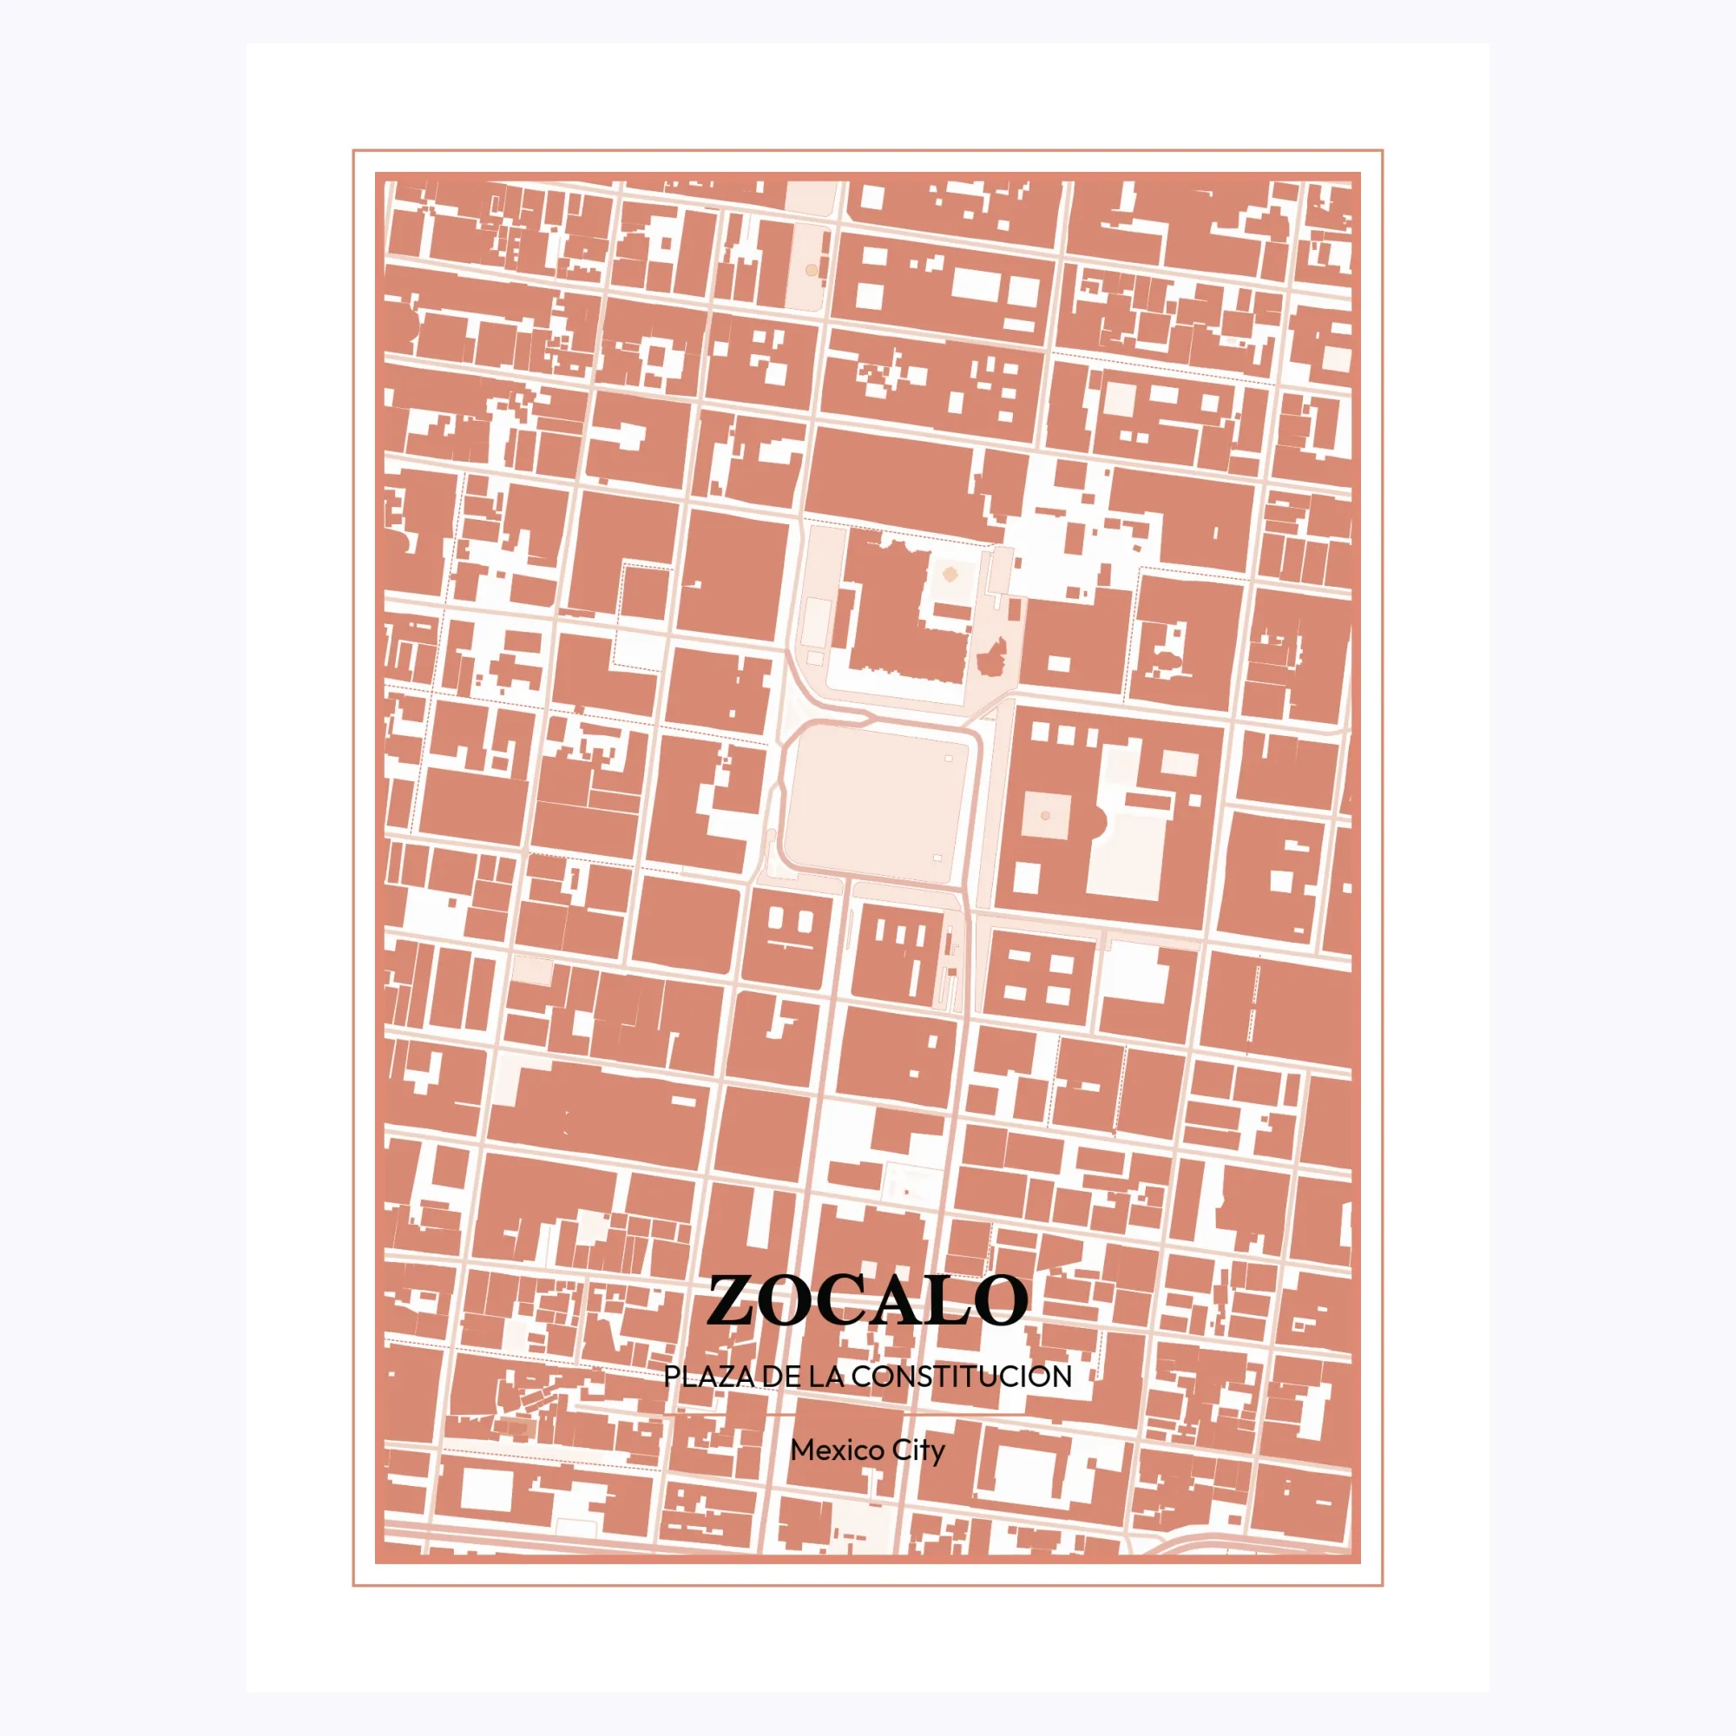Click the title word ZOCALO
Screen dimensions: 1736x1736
tap(867, 1300)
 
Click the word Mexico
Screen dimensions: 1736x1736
tap(829, 1450)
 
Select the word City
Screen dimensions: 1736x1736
tap(919, 1450)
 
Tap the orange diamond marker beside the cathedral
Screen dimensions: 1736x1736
tap(949, 571)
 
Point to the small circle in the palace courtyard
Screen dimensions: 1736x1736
tap(1044, 816)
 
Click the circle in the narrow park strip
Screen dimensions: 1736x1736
tap(812, 270)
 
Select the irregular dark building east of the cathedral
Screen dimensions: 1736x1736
tap(991, 659)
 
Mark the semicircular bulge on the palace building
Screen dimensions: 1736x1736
tap(1099, 819)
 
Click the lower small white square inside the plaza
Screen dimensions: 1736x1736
tap(937, 858)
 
